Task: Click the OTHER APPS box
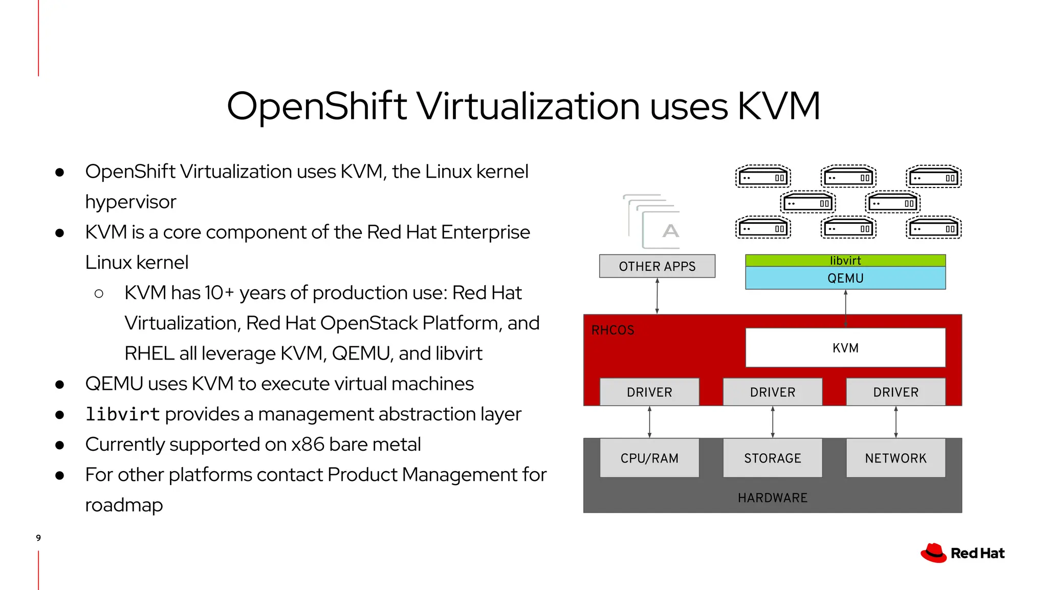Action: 657,266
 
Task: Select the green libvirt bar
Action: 845,260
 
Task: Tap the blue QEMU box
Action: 845,278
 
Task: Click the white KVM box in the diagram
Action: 845,348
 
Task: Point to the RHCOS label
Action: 613,330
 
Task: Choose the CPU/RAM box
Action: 649,458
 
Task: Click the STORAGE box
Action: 772,458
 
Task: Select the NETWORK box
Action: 896,458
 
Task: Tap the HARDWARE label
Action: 772,498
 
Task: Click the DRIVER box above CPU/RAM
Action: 649,392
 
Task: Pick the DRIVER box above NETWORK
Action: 896,392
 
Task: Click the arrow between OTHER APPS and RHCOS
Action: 657,296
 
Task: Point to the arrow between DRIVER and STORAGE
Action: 773,422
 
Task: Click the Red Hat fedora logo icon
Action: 934,553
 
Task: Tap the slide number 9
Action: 38,538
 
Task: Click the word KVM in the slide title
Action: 778,107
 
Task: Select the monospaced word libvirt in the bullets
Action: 123,414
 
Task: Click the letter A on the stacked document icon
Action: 670,231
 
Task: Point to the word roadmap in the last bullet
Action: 124,505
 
